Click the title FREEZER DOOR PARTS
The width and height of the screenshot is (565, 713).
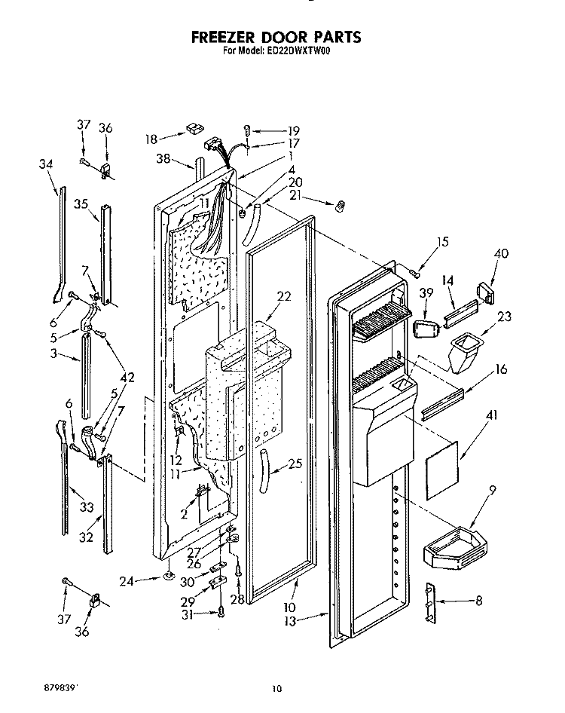point(275,37)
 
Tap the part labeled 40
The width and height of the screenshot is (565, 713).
point(484,292)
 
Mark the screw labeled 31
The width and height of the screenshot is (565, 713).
point(222,614)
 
